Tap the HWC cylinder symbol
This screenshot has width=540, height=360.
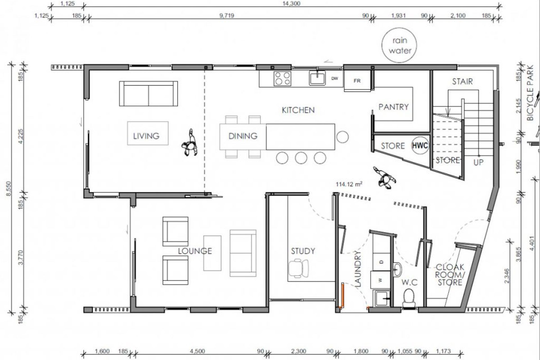pyautogui.click(x=420, y=145)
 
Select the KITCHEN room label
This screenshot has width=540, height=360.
pyautogui.click(x=298, y=110)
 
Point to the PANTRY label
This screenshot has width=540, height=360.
pyautogui.click(x=393, y=107)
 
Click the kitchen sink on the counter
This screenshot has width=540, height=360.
pyautogui.click(x=317, y=78)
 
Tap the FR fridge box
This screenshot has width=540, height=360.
pyautogui.click(x=357, y=81)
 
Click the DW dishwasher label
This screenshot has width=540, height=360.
pyautogui.click(x=334, y=79)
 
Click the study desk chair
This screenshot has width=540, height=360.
pyautogui.click(x=298, y=269)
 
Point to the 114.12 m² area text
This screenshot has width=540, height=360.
pyautogui.click(x=349, y=184)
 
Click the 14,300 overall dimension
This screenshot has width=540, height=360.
pyautogui.click(x=291, y=3)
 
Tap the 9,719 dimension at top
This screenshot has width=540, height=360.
pyautogui.click(x=227, y=15)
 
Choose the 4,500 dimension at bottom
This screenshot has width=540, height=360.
pyautogui.click(x=197, y=351)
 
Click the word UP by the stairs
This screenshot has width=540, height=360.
pyautogui.click(x=478, y=162)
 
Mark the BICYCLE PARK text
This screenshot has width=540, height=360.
pyautogui.click(x=530, y=93)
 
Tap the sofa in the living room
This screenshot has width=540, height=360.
pyautogui.click(x=148, y=94)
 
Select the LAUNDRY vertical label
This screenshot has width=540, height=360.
pyautogui.click(x=358, y=269)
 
